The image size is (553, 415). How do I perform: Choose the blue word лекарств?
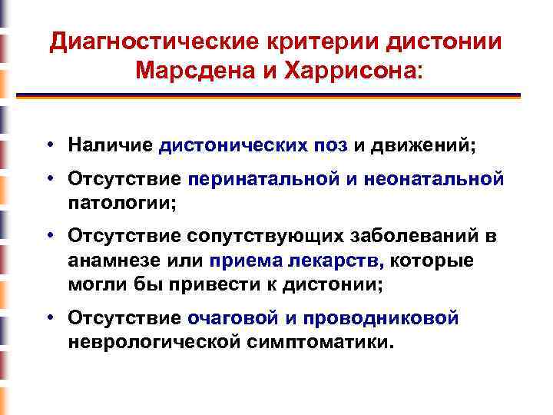338,261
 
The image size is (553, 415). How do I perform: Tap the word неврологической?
154,341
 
